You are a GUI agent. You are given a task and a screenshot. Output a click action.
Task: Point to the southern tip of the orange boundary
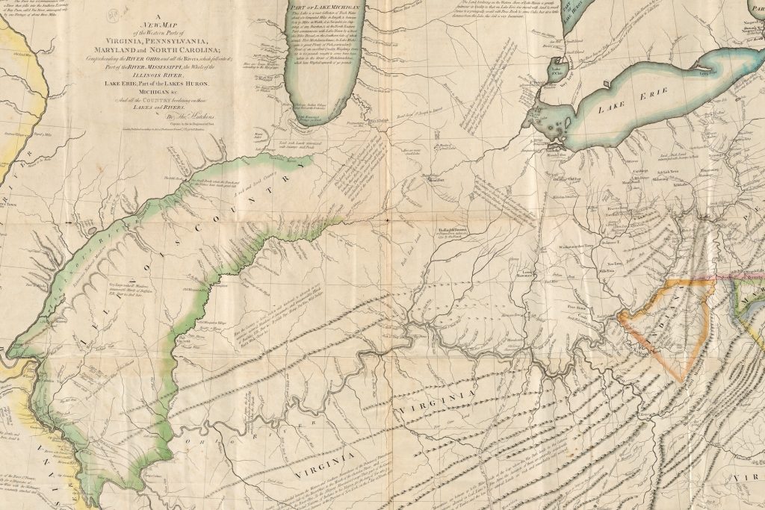point(681,381)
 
